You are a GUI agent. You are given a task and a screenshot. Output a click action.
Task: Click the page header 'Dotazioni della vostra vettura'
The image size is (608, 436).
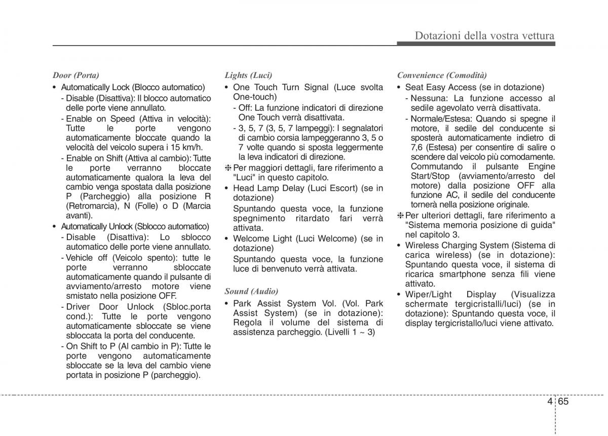(x=484, y=35)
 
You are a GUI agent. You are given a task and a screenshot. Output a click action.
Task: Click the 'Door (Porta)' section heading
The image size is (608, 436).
(x=75, y=75)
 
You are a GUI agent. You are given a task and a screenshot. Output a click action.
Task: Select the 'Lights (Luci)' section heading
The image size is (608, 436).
(x=248, y=75)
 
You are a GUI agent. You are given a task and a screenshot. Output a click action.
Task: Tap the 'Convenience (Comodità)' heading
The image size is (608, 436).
(x=442, y=75)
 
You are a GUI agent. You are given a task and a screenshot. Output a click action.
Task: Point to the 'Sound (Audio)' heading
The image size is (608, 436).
(x=251, y=291)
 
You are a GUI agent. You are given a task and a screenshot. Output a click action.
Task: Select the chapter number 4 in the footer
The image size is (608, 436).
(x=549, y=402)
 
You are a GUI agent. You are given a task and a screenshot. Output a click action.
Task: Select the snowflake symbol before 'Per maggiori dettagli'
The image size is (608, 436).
(x=228, y=168)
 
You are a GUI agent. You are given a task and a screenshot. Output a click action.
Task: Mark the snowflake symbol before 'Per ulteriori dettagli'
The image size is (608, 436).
(x=400, y=215)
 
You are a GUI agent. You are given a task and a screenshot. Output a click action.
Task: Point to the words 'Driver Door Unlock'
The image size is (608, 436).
(x=101, y=307)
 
